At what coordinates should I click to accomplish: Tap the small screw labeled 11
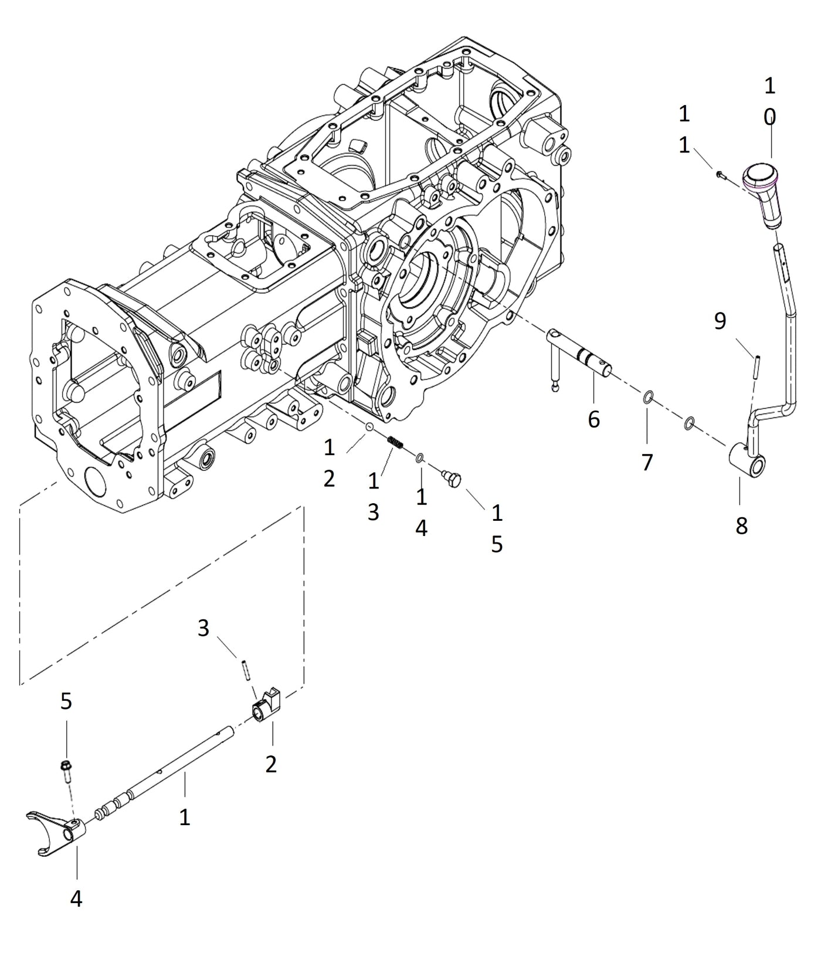tap(720, 174)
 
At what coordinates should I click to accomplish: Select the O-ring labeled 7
tap(647, 398)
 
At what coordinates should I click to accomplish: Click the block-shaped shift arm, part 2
tap(267, 706)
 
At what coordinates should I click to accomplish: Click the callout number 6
tap(593, 419)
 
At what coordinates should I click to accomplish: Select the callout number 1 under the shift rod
tap(185, 817)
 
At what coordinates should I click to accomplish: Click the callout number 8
tap(741, 526)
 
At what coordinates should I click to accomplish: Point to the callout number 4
tap(76, 898)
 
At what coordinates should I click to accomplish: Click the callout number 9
tap(720, 321)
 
